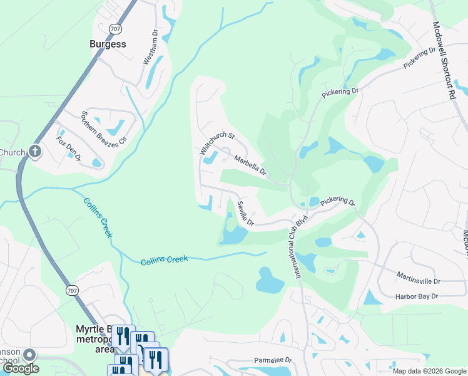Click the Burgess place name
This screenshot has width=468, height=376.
[107, 44]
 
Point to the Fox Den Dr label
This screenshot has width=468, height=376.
[68, 149]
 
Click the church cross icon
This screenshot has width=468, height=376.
[35, 151]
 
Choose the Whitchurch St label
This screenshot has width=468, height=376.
[216, 144]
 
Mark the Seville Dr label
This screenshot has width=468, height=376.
[244, 213]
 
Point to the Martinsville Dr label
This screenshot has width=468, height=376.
[419, 278]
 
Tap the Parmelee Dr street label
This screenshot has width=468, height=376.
[273, 360]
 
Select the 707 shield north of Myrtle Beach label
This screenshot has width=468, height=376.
[72, 289]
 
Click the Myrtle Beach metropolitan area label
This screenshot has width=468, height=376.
[94, 338]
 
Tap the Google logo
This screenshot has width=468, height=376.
[20, 369]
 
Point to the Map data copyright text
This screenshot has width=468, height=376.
[429, 371]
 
